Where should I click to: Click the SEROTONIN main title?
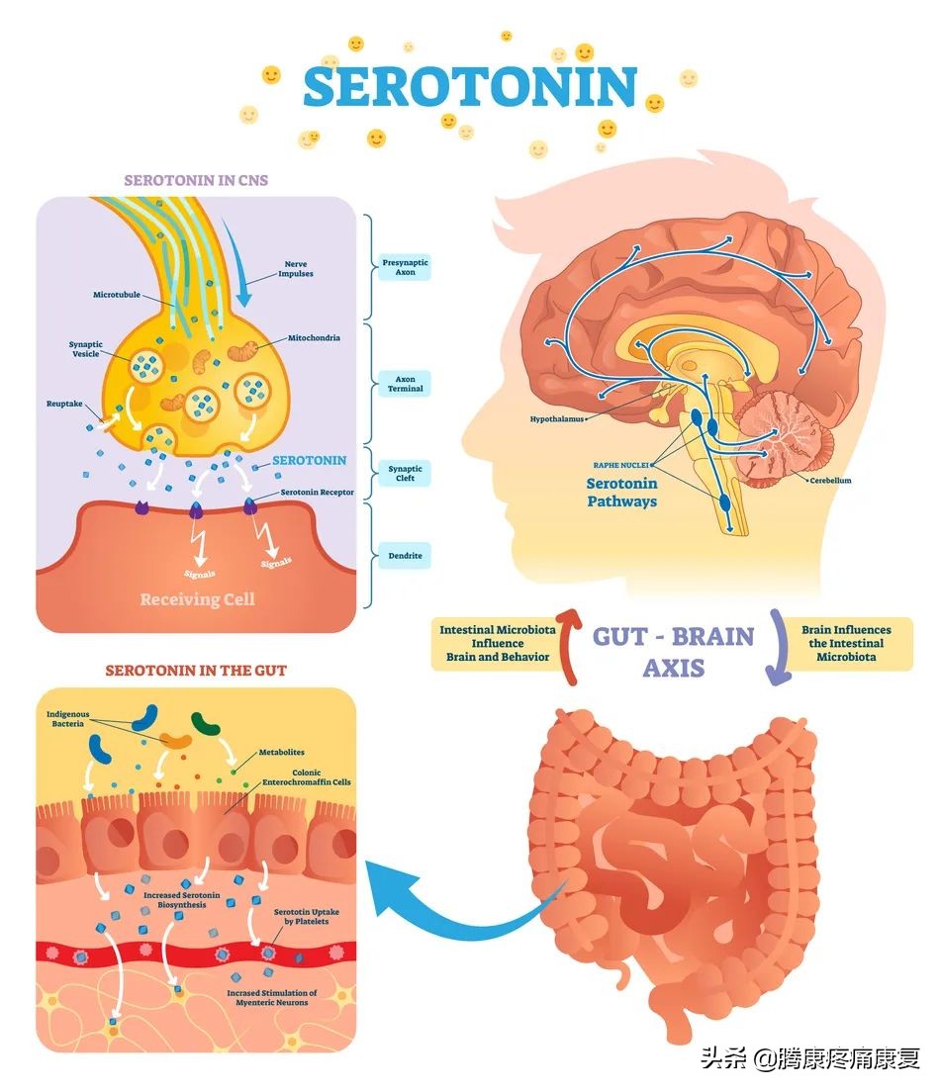469,87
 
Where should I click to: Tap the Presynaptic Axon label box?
405,267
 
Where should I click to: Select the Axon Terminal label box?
405,384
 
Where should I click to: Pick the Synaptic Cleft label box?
405,474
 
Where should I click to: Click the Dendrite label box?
405,556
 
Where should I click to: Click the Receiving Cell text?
197,599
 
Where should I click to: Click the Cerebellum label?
830,481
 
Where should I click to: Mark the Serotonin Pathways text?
621,493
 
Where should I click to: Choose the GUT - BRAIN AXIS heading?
673,652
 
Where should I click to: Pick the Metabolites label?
282,753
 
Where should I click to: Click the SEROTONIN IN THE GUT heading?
196,671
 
